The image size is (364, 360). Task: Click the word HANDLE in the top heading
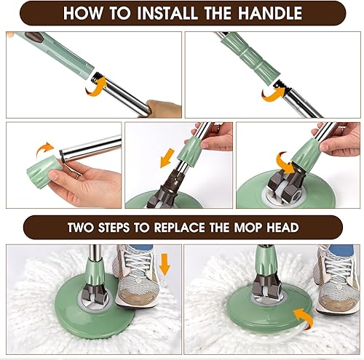(x=270, y=13)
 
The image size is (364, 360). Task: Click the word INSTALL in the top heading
(x=167, y=13)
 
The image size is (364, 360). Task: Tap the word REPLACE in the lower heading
(x=180, y=228)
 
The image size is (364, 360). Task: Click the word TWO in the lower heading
(x=80, y=228)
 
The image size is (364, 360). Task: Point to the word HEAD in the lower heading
(x=282, y=228)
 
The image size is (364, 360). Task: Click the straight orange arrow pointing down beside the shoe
(x=165, y=265)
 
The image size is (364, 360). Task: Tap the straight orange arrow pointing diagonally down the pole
(x=167, y=158)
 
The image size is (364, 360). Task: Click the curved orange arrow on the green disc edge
(x=304, y=318)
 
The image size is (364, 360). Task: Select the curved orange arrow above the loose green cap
(x=44, y=148)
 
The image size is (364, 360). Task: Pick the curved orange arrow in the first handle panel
(x=96, y=87)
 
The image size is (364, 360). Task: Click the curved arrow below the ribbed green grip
(x=273, y=95)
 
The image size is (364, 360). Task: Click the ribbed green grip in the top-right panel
(x=250, y=57)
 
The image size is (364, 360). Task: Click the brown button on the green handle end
(x=33, y=36)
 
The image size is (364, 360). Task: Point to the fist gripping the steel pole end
(x=164, y=108)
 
